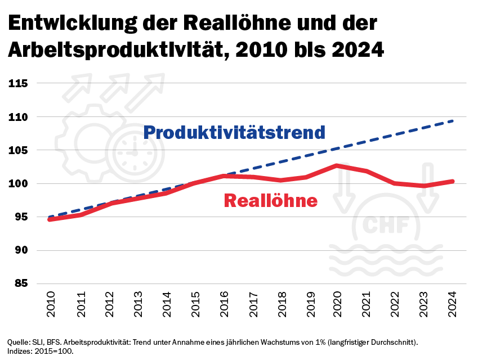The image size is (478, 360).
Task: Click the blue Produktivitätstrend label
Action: (234, 132)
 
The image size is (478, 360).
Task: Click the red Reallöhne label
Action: (270, 200)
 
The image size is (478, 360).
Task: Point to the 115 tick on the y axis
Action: (18, 83)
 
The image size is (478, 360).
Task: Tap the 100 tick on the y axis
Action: (18, 184)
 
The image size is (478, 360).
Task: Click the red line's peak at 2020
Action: (337, 166)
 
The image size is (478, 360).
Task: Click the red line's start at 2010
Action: (50, 219)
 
